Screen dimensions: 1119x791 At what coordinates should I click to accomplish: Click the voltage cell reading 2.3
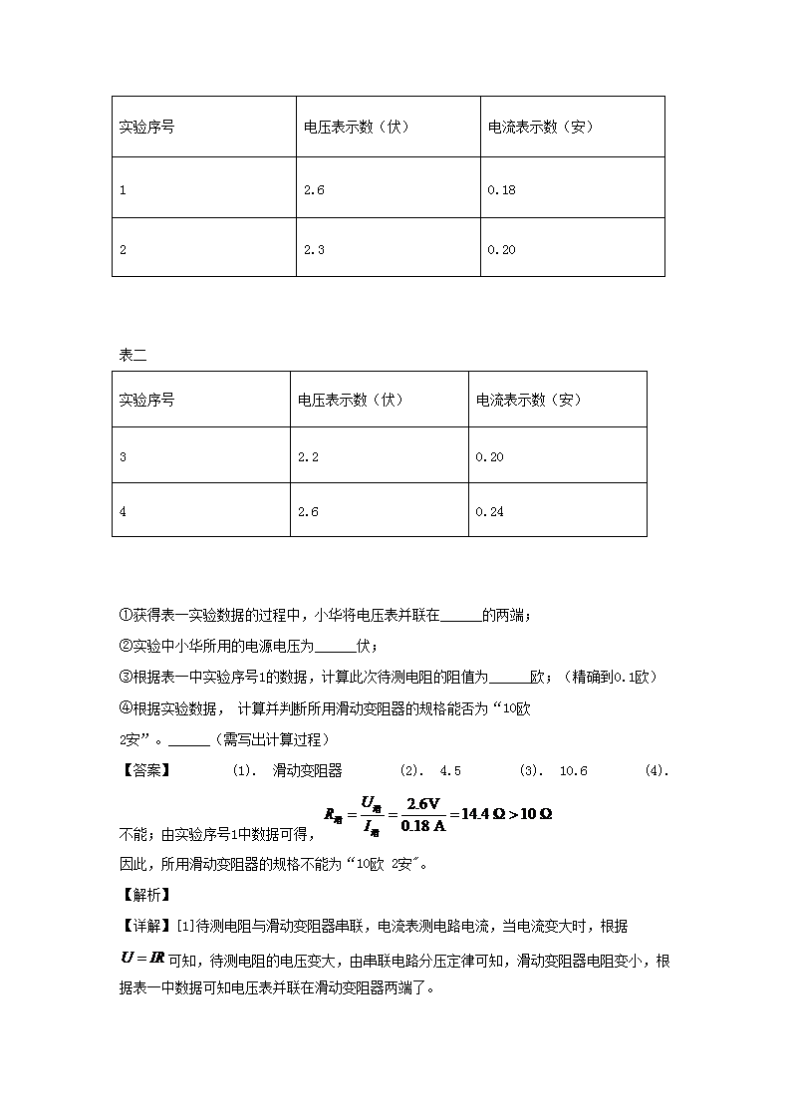click(x=314, y=250)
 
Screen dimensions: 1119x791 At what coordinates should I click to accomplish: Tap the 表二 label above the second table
click(x=132, y=355)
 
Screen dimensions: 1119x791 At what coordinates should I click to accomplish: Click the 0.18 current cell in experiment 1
click(x=501, y=189)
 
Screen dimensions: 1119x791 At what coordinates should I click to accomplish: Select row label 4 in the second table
click(x=123, y=512)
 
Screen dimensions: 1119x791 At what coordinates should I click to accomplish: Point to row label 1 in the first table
click(x=123, y=189)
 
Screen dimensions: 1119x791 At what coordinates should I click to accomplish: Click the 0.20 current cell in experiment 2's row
click(x=501, y=250)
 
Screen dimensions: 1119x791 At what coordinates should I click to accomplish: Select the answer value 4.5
click(x=450, y=770)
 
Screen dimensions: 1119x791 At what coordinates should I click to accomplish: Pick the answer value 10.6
click(x=574, y=770)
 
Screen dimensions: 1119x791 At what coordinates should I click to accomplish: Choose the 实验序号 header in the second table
click(x=146, y=401)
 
